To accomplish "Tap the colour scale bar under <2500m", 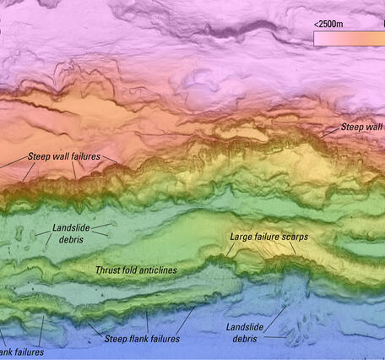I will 346,38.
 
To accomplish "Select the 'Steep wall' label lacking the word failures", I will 361,128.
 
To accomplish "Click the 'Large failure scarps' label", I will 268,237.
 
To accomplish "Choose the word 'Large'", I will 242,237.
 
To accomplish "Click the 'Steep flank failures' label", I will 142,339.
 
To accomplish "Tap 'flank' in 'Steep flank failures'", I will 139,339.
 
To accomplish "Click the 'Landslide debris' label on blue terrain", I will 246,332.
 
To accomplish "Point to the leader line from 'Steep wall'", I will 329,134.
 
